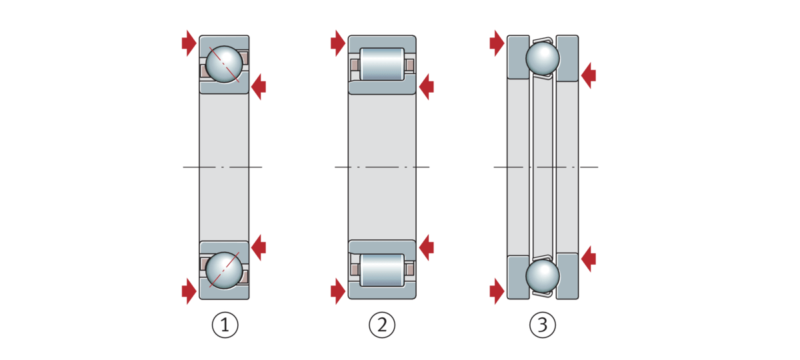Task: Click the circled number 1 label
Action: click(225, 326)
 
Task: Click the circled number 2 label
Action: click(382, 326)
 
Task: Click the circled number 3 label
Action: click(542, 326)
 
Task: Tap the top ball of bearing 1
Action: click(224, 64)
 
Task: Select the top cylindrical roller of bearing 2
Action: click(382, 65)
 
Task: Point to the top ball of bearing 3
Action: click(543, 58)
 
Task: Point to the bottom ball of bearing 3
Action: click(543, 276)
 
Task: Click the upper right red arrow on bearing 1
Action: click(258, 85)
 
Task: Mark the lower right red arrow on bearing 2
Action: click(426, 247)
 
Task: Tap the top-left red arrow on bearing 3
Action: click(497, 43)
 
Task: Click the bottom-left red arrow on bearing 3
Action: click(497, 291)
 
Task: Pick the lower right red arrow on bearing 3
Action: click(588, 259)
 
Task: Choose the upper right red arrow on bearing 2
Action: click(426, 85)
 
